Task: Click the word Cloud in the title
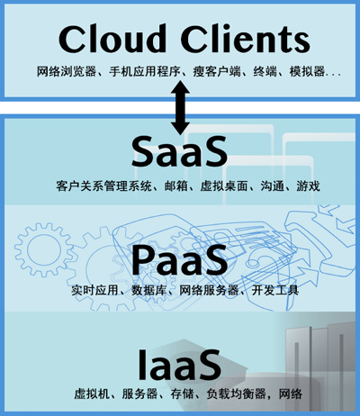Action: (x=112, y=39)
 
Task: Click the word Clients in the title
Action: (x=245, y=39)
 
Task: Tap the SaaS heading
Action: (x=179, y=151)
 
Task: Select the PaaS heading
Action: (x=179, y=260)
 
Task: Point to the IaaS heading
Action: (x=179, y=364)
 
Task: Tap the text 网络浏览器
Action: (x=67, y=72)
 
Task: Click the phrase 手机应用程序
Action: (x=145, y=72)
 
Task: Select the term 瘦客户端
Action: (x=217, y=72)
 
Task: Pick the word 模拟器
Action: (x=307, y=72)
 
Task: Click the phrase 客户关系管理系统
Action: (x=104, y=186)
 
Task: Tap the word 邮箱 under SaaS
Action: (x=176, y=186)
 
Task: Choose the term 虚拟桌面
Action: (x=224, y=186)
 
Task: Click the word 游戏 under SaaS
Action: (x=309, y=186)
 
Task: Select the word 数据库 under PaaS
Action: (x=149, y=290)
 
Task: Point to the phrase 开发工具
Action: (x=275, y=290)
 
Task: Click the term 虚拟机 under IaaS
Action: (x=92, y=393)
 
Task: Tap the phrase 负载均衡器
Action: (x=236, y=393)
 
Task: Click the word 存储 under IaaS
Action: (x=183, y=393)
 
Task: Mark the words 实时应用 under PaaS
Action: (x=95, y=290)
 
